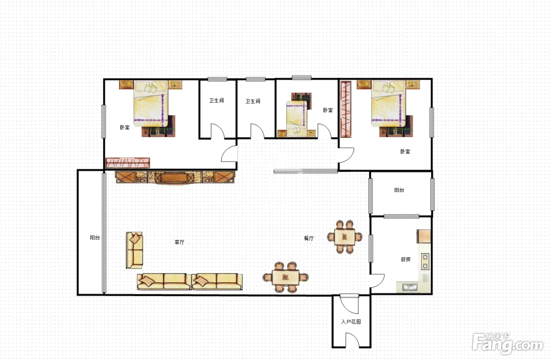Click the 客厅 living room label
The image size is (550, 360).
pyautogui.click(x=179, y=242)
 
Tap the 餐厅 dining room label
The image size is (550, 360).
pyautogui.click(x=309, y=238)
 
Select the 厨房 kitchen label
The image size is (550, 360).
pyautogui.click(x=405, y=259)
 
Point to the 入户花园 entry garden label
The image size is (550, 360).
pyautogui.click(x=351, y=322)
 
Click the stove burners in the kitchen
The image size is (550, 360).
pyautogui.click(x=425, y=261)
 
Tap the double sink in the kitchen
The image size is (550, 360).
pyautogui.click(x=410, y=287)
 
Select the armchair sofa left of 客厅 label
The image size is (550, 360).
pyautogui.click(x=134, y=250)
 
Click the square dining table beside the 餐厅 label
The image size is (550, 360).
pyautogui.click(x=345, y=237)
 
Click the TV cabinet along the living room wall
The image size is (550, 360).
pyautogui.click(x=175, y=177)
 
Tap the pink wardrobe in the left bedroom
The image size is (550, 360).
pyautogui.click(x=127, y=163)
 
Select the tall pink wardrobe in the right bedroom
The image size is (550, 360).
pyautogui.click(x=346, y=110)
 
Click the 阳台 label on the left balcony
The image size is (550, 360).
pyautogui.click(x=95, y=237)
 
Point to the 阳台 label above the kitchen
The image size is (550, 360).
pyautogui.click(x=399, y=190)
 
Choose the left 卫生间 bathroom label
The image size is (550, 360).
pyautogui.click(x=216, y=101)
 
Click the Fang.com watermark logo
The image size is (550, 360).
pyautogui.click(x=508, y=343)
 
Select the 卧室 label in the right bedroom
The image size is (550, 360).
pyautogui.click(x=405, y=152)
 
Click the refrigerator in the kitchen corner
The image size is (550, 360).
pyautogui.click(x=424, y=236)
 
